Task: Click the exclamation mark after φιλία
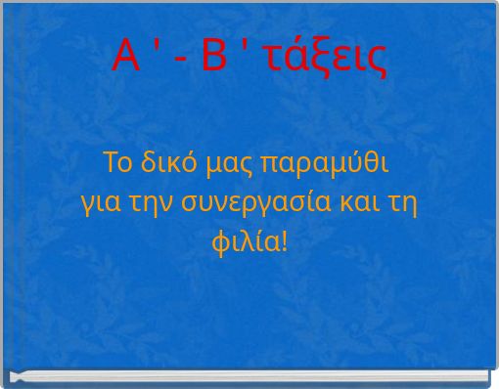[285, 238]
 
